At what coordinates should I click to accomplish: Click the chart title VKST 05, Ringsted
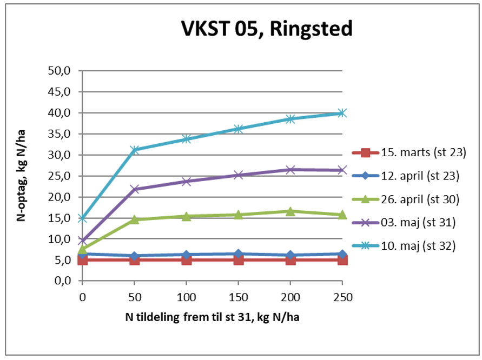pos(266,29)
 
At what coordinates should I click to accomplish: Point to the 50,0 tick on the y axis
pos(64,71)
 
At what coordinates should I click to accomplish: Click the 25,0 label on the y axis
pos(64,176)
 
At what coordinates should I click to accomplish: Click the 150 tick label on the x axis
pos(239,297)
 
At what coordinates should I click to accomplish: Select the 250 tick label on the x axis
pos(342,297)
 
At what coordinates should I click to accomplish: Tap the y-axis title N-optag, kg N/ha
pos(22,176)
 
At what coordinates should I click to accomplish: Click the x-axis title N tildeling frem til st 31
pos(212,318)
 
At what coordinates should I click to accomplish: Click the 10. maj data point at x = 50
pos(135,150)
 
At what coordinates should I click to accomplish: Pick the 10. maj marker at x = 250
pos(342,113)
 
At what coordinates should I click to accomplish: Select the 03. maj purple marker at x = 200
pos(290,170)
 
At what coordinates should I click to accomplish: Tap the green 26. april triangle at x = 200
pos(290,211)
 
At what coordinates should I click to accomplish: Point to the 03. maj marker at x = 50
pos(135,189)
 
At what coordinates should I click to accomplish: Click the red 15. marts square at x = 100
pos(187,260)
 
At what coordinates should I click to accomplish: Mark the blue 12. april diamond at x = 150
pos(239,254)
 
